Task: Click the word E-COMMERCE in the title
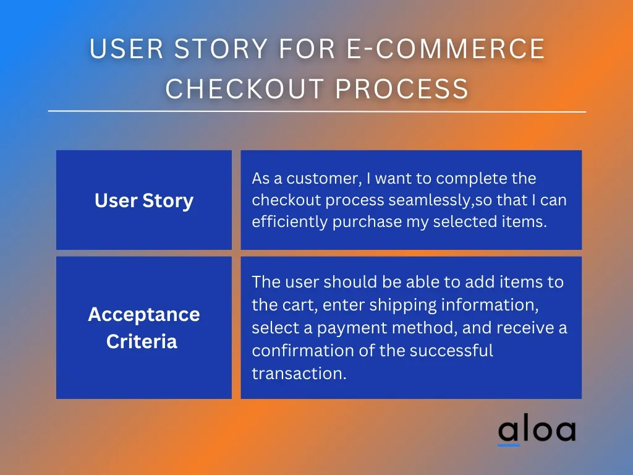coord(446,48)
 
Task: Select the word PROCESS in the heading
coord(402,88)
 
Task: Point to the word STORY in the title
coord(221,48)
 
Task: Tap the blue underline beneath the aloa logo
coord(509,445)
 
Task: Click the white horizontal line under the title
coord(317,111)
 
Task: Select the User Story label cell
coord(144,200)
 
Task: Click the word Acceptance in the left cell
coord(144,314)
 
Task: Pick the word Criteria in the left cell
coord(142,341)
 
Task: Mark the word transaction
coord(299,374)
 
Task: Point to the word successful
coord(451,350)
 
